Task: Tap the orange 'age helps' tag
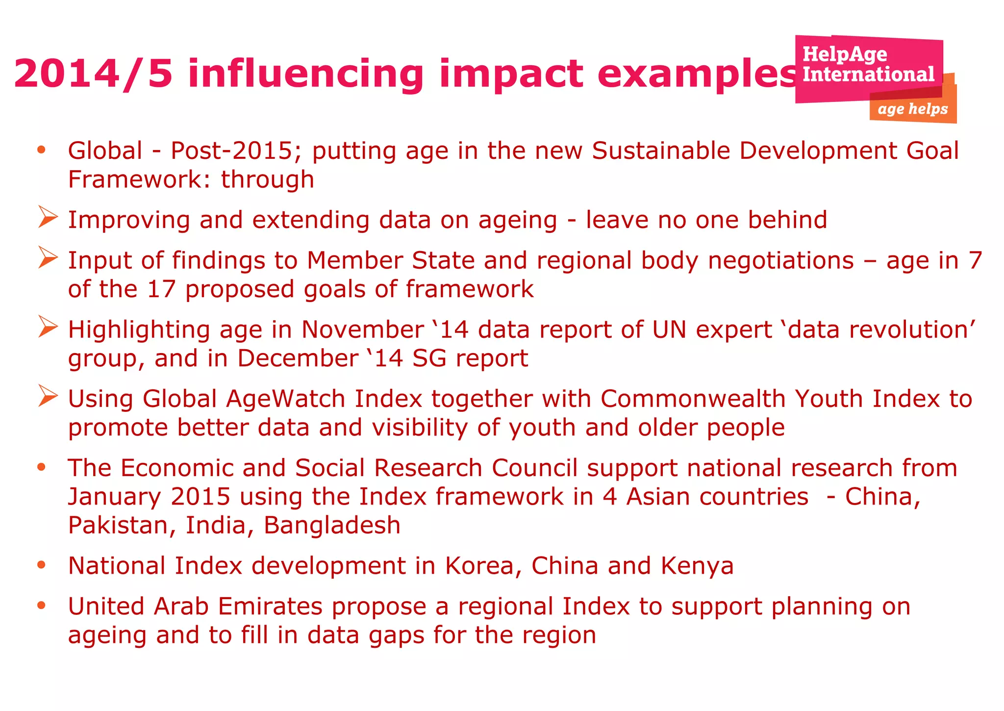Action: click(913, 108)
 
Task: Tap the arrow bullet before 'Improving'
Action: click(48, 217)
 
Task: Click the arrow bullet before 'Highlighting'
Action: click(48, 327)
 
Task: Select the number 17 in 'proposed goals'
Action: click(161, 289)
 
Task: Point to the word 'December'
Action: click(298, 358)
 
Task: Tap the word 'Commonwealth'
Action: click(693, 399)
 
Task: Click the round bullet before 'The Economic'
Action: click(42, 467)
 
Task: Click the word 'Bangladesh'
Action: click(332, 525)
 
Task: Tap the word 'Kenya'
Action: click(697, 566)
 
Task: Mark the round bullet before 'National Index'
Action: click(42, 565)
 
